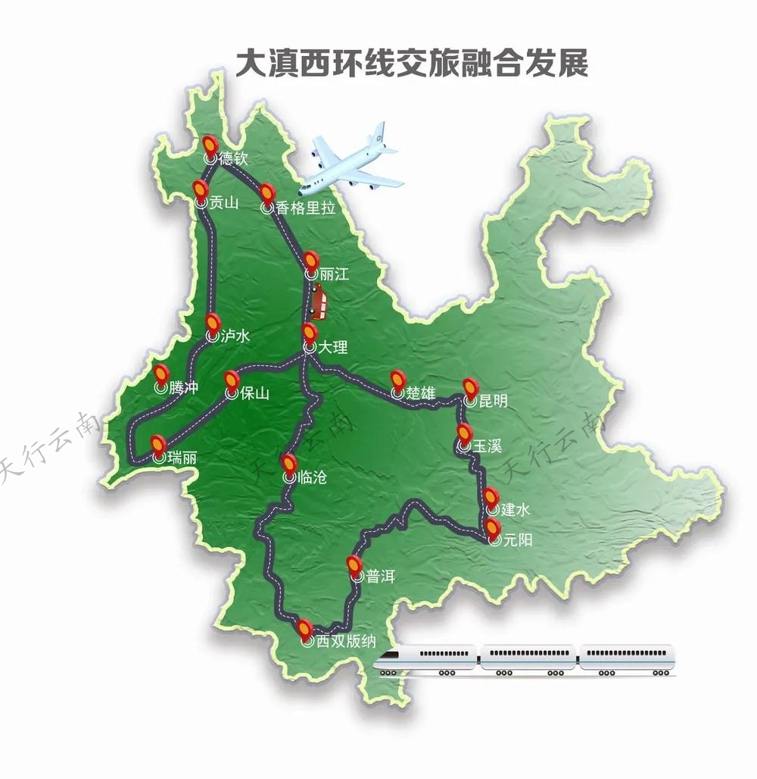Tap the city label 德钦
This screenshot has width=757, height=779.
point(232,159)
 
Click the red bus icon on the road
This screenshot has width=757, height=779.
point(319,303)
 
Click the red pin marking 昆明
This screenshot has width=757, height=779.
point(471,389)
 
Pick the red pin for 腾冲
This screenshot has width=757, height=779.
point(161,374)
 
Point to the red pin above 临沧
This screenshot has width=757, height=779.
point(288,464)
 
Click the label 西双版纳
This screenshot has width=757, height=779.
point(345,643)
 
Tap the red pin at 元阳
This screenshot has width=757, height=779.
point(494,527)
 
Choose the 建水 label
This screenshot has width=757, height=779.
point(515,510)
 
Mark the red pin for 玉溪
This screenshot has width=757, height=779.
point(464,434)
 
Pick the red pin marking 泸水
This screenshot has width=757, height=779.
point(213,324)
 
